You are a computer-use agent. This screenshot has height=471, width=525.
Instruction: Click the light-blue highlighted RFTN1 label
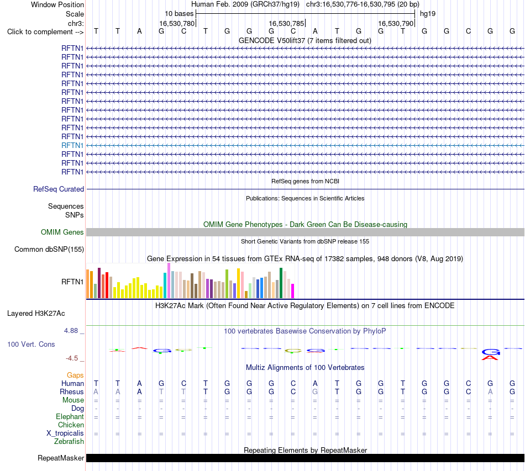72,146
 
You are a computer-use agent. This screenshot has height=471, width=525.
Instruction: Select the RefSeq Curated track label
59,189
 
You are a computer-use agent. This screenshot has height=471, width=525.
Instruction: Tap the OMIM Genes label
62,232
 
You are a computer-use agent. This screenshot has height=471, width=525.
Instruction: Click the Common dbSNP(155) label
49,249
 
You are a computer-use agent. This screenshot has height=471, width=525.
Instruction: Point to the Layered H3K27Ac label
36,314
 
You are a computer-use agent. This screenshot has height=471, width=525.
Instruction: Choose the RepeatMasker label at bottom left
61,458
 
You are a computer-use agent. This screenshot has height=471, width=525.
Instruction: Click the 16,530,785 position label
286,23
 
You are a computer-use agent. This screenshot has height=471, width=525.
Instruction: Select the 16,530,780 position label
177,23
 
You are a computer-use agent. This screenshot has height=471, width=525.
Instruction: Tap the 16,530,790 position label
396,23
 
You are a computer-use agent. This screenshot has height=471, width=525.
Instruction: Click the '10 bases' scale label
179,14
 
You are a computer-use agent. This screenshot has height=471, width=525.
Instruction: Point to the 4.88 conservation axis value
71,331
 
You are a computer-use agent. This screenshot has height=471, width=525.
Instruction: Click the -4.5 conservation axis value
72,358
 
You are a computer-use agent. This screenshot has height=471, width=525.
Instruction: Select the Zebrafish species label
69,442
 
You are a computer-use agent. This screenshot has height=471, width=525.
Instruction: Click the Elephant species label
70,416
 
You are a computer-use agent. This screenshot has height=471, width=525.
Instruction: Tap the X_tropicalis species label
65,433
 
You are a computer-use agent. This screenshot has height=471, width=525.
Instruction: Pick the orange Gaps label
75,375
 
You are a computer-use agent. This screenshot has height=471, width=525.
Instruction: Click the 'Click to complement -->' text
45,32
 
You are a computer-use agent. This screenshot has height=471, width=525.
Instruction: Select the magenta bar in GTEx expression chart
293,291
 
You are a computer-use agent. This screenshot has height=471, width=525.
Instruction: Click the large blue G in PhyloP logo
491,352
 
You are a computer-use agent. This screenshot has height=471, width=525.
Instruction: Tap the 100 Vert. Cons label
31,344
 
